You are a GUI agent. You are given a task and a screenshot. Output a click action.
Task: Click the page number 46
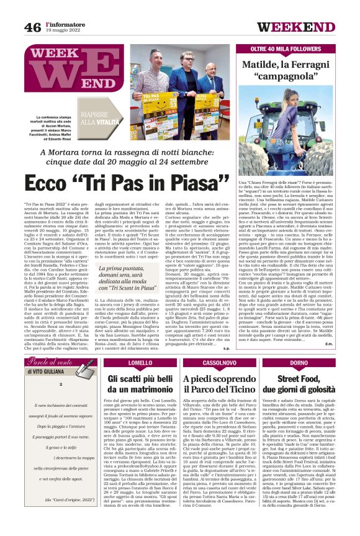tap(32, 26)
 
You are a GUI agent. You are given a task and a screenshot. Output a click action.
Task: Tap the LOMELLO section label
tap(142, 363)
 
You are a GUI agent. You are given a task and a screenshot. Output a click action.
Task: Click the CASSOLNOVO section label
tap(219, 363)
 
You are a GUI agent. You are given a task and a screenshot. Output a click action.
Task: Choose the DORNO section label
tap(299, 363)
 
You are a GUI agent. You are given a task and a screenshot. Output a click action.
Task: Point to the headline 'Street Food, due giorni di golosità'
tap(300, 384)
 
